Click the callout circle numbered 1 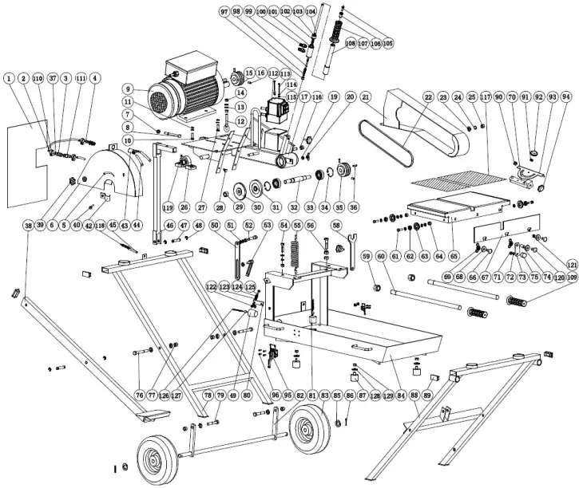[x=8, y=78]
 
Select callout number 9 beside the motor [x=127, y=88]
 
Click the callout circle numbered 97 [x=224, y=12]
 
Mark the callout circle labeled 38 [x=28, y=226]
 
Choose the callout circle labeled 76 [x=139, y=395]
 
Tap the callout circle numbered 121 [x=572, y=264]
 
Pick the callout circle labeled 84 [x=401, y=395]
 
